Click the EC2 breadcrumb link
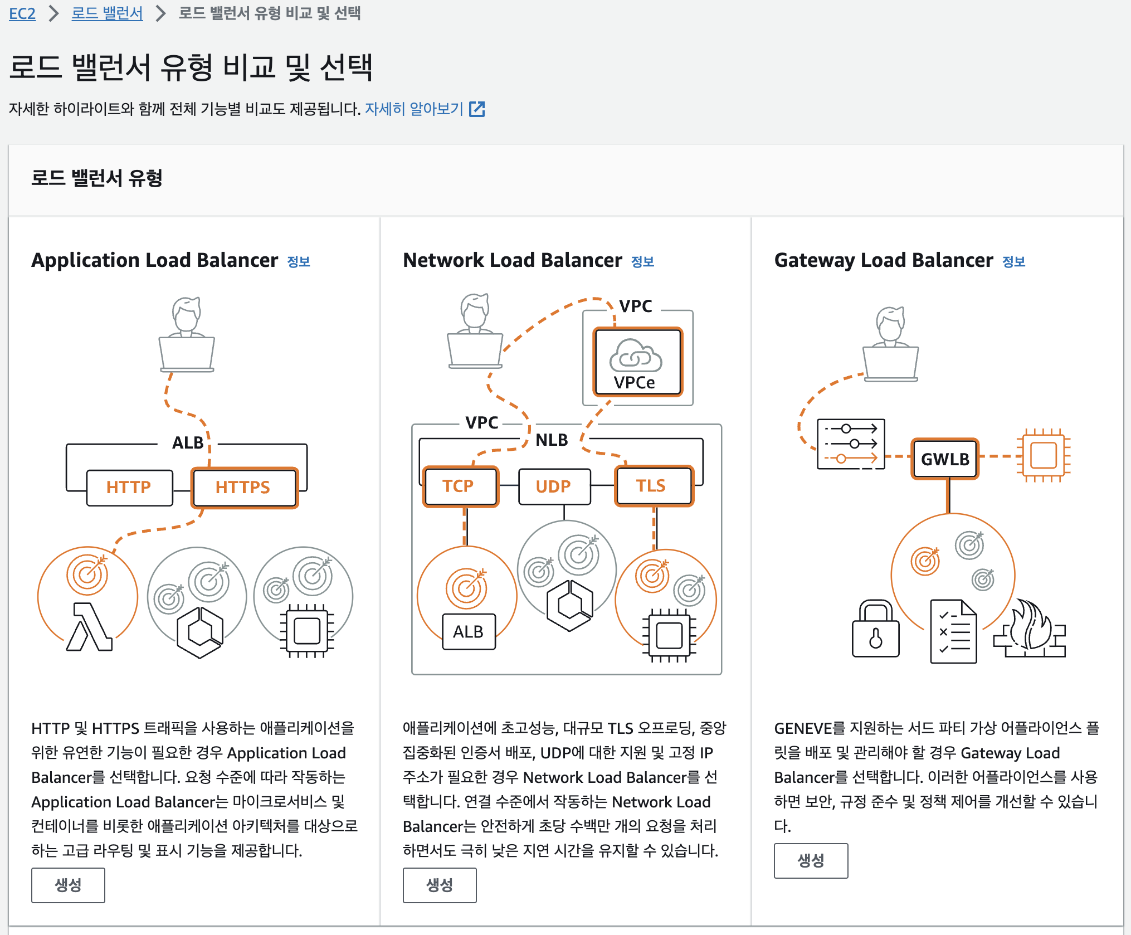pyautogui.click(x=22, y=13)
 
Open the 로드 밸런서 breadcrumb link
pyautogui.click(x=107, y=13)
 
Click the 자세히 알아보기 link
pyautogui.click(x=424, y=109)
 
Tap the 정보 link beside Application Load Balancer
pyautogui.click(x=299, y=261)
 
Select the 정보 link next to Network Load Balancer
pyautogui.click(x=642, y=261)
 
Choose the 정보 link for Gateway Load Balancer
pyautogui.click(x=1013, y=261)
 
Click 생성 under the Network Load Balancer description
pyautogui.click(x=440, y=885)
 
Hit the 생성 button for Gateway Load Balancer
pyautogui.click(x=811, y=860)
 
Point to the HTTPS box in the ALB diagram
pyautogui.click(x=243, y=488)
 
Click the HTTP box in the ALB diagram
pyautogui.click(x=129, y=488)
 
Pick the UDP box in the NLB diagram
pyautogui.click(x=554, y=486)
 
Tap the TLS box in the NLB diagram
pyautogui.click(x=652, y=486)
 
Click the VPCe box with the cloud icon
pyautogui.click(x=637, y=362)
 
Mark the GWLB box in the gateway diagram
pyautogui.click(x=945, y=459)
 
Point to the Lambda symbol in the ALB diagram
pyautogui.click(x=89, y=627)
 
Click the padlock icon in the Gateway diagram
pyautogui.click(x=875, y=630)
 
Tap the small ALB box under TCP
pyautogui.click(x=469, y=632)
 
